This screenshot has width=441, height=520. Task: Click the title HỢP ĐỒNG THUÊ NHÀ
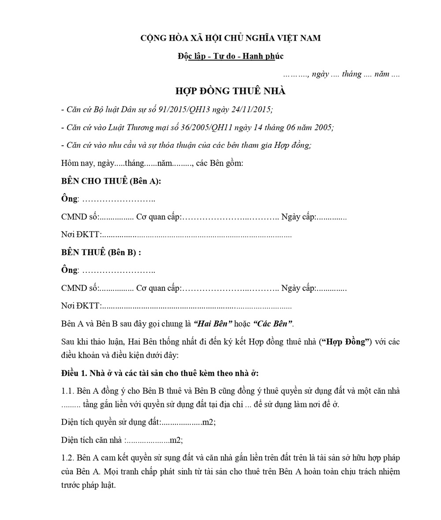[230, 91]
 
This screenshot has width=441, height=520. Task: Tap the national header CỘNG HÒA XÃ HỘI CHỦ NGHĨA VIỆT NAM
[230, 38]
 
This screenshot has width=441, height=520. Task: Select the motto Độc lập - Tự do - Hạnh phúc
[230, 56]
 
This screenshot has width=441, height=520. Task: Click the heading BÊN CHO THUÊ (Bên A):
[111, 181]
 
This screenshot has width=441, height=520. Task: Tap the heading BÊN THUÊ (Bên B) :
[101, 252]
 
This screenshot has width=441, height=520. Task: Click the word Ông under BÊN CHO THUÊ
[69, 199]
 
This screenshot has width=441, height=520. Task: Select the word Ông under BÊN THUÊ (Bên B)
[69, 270]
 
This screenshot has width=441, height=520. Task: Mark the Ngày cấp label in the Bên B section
[298, 288]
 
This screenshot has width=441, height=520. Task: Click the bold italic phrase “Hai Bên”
[213, 324]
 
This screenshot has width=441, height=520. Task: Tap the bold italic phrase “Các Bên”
[273, 324]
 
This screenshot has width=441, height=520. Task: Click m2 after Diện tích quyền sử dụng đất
[208, 422]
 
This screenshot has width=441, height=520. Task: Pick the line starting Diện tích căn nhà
[122, 440]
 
